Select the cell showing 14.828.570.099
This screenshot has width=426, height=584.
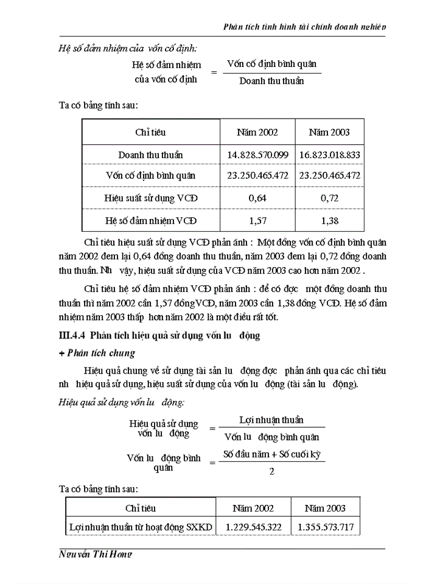[257, 155]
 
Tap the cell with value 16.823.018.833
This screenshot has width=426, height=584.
[330, 155]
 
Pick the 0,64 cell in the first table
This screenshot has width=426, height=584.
[257, 198]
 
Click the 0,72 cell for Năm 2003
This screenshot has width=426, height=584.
[330, 198]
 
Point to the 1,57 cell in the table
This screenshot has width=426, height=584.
[257, 220]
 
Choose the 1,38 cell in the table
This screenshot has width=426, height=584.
[330, 220]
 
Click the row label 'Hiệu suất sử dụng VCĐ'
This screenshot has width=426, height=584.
[150, 198]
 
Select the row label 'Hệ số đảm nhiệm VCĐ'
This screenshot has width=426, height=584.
[150, 220]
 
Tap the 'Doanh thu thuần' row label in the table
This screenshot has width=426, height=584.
[150, 155]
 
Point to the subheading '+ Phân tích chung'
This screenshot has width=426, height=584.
[97, 353]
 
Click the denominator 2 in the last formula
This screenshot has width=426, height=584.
[271, 471]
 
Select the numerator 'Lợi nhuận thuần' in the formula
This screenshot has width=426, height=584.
[271, 420]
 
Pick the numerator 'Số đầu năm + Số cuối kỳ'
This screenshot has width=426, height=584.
[271, 454]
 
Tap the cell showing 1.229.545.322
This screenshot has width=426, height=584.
[253, 527]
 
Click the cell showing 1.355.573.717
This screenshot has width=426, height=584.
[325, 527]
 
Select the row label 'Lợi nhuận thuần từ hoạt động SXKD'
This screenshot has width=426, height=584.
[141, 527]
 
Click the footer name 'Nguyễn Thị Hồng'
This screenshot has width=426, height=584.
[96, 554]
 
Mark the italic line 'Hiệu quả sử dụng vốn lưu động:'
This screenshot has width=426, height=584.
[122, 402]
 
